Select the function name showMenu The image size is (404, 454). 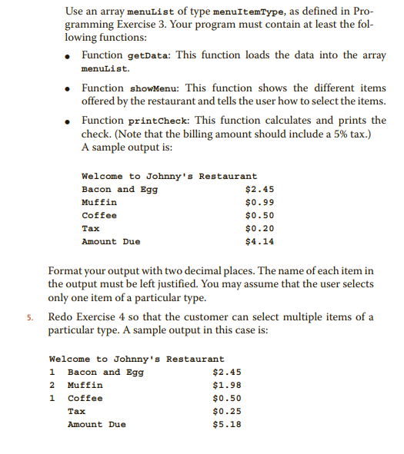click(150, 89)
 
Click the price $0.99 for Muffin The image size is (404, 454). click(259, 202)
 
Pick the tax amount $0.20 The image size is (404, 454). click(259, 228)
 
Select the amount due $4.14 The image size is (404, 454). click(259, 241)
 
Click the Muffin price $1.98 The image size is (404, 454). click(226, 385)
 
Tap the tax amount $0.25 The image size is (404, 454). click(226, 411)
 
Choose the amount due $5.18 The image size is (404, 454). click(226, 424)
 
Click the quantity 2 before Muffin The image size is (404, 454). click(52, 385)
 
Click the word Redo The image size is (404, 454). click(61, 317)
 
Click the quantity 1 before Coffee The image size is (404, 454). click(52, 398)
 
